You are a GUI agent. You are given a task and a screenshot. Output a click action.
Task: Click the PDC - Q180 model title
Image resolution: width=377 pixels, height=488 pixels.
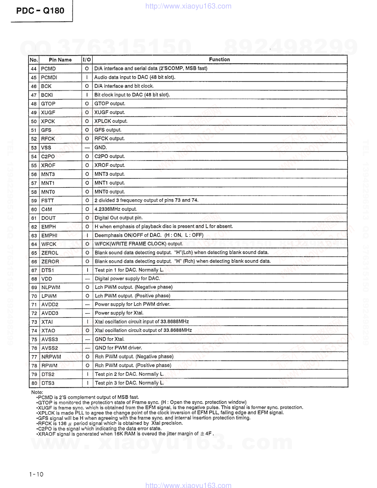[x=40, y=10]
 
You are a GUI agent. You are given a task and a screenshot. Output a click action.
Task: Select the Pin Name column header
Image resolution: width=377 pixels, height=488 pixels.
[x=60, y=60]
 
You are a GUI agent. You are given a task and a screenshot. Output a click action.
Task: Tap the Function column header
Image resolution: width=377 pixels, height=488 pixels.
[x=219, y=59]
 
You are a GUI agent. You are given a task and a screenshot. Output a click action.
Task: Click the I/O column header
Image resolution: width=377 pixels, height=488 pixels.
[x=87, y=60]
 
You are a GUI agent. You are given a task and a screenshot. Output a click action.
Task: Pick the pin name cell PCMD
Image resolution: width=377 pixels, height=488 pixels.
[x=48, y=68]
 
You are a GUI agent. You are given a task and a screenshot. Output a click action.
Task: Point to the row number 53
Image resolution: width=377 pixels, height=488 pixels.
[x=34, y=148]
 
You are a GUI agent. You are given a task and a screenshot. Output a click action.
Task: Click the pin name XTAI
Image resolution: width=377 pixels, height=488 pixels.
[x=47, y=322]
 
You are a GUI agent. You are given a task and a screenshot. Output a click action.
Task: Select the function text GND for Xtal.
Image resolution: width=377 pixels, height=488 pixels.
[x=109, y=339]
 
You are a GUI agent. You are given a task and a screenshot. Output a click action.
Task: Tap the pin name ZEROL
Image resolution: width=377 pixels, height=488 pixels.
[x=50, y=253]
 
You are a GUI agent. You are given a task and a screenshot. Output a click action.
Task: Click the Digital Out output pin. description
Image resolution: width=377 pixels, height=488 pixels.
[x=118, y=218]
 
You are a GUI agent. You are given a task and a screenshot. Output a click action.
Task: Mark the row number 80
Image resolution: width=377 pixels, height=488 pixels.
[x=34, y=383]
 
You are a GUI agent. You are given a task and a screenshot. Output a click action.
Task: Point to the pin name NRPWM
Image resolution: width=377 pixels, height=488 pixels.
[x=51, y=357]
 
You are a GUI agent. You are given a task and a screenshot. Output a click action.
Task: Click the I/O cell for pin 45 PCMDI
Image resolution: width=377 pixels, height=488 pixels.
[x=87, y=77]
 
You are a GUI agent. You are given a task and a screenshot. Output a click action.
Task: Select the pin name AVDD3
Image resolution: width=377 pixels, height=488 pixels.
[x=50, y=313]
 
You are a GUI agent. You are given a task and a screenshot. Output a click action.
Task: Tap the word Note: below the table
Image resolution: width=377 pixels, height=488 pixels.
[x=37, y=392]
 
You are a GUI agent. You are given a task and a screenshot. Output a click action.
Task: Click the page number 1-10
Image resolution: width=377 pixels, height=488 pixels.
[x=36, y=474]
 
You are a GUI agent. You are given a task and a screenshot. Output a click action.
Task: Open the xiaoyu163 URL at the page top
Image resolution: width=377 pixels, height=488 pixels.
[x=188, y=6]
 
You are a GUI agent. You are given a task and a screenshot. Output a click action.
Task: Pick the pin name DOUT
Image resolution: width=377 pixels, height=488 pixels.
[x=48, y=218]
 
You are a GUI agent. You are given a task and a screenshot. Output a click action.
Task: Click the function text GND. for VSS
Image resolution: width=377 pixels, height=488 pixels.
[x=101, y=148]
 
